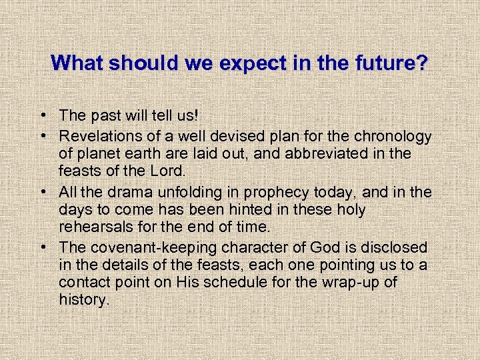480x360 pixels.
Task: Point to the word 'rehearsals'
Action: pos(92,227)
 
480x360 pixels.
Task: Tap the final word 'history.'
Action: pos(83,300)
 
